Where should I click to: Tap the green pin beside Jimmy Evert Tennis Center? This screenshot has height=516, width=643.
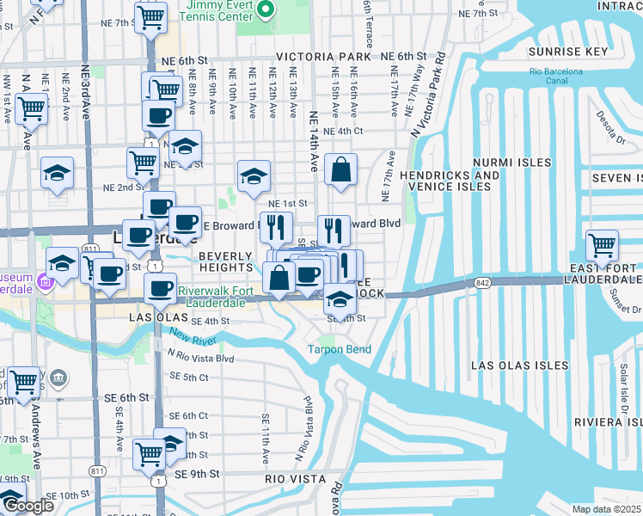tap(265, 11)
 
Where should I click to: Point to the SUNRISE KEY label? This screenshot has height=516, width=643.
tap(567, 52)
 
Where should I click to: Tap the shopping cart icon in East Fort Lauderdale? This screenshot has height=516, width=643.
tap(602, 245)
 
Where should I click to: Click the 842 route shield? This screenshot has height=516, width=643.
tap(483, 283)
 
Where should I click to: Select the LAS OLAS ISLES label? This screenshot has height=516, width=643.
tap(519, 365)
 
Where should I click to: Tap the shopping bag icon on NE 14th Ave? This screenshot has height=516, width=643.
tap(341, 170)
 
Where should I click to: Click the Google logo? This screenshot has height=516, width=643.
tap(28, 506)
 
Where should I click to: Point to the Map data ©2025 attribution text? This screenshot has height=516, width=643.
tap(606, 509)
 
